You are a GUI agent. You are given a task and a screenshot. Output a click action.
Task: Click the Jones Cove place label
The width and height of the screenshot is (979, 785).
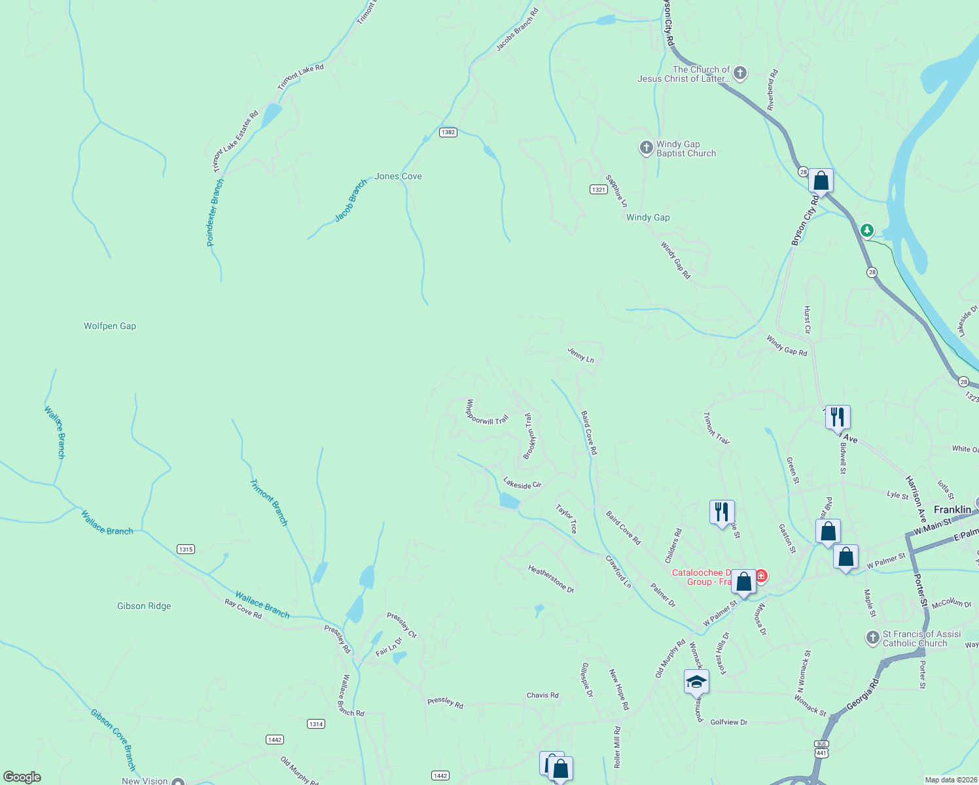(x=398, y=177)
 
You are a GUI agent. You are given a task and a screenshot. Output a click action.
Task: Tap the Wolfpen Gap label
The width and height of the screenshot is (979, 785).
(x=110, y=326)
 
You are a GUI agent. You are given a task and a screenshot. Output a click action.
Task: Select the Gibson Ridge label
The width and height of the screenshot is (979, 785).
(x=144, y=606)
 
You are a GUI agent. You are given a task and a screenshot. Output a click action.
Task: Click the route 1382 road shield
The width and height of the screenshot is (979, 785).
(x=448, y=132)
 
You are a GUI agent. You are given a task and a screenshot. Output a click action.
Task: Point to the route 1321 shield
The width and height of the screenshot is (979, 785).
(x=598, y=190)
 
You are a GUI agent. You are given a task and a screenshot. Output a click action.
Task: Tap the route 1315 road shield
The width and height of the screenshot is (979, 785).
(x=186, y=549)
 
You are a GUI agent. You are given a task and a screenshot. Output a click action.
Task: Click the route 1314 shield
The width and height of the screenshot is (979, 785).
(x=316, y=724)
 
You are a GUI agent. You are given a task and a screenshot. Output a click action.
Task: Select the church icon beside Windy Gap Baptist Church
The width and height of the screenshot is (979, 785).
(x=647, y=148)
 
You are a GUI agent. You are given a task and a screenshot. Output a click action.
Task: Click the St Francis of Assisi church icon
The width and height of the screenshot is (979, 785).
(x=872, y=638)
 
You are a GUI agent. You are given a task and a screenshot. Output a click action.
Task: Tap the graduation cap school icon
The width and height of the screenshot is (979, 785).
(x=696, y=682)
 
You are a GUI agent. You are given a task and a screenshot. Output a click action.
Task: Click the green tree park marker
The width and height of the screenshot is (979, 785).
(x=867, y=230)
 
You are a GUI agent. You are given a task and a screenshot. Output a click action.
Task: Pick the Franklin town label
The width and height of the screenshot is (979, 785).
(x=952, y=510)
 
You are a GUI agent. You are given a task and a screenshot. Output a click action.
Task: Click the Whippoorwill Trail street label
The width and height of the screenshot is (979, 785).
(x=486, y=413)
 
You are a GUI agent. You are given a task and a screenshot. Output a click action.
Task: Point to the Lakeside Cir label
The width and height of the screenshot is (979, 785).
(x=522, y=484)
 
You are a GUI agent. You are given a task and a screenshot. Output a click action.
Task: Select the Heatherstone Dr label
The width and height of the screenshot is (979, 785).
(x=551, y=579)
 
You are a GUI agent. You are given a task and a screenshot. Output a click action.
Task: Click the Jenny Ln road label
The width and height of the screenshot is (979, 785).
(x=580, y=355)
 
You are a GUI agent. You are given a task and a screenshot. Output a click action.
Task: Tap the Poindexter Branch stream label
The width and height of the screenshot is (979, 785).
(x=215, y=213)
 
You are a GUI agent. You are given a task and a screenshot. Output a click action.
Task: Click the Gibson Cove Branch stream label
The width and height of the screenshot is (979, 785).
(x=113, y=739)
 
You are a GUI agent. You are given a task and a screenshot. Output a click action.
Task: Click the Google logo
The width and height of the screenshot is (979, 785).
(x=22, y=777)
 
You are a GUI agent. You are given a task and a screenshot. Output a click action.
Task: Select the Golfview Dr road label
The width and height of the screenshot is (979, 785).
(x=728, y=722)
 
